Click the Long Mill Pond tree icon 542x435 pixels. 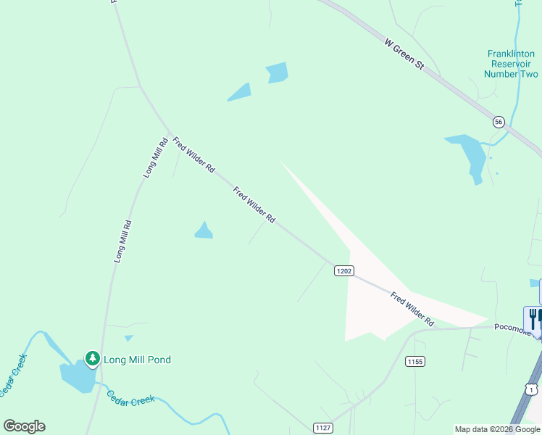[x=92, y=358]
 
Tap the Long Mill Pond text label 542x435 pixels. [x=137, y=360]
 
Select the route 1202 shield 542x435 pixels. [x=344, y=270]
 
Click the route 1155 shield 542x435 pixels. [x=414, y=361]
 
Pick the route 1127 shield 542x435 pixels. [x=323, y=428]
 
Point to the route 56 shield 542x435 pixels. [x=499, y=122]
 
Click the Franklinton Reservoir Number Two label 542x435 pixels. [x=511, y=64]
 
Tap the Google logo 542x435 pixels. [x=24, y=426]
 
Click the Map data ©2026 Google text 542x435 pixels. [x=498, y=429]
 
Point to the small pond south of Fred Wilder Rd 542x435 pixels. [x=204, y=231]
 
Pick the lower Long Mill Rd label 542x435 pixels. [x=122, y=241]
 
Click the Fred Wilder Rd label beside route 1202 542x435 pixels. [x=412, y=309]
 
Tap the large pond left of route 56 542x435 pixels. [x=467, y=154]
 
